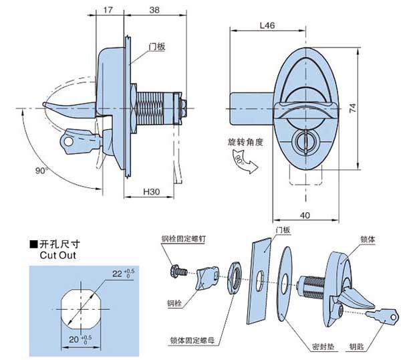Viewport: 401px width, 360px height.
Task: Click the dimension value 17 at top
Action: click(108, 11)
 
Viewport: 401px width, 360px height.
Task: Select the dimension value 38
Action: click(154, 11)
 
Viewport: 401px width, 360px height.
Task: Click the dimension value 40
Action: click(305, 215)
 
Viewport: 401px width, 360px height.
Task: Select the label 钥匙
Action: click(356, 347)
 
